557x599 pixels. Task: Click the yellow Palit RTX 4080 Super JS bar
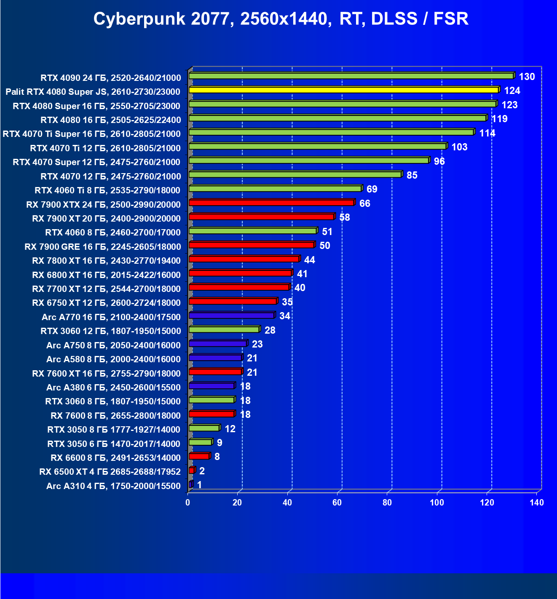point(343,90)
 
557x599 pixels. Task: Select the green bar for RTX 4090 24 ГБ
point(351,76)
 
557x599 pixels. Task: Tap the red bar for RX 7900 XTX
point(271,203)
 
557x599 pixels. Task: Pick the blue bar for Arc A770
point(231,316)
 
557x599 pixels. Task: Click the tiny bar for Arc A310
point(190,485)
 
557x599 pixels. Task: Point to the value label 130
point(527,77)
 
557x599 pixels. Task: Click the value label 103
point(459,147)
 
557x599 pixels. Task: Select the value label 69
point(372,189)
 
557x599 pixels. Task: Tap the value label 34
point(285,316)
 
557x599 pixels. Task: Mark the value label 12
point(230,429)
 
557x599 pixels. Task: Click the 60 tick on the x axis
point(337,503)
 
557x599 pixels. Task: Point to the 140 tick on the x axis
point(537,503)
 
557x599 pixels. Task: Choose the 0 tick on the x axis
point(188,503)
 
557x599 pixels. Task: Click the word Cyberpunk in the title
point(139,19)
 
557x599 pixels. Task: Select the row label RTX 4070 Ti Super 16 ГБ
point(91,134)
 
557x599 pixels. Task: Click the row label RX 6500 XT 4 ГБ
point(110,472)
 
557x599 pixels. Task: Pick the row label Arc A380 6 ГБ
point(113,388)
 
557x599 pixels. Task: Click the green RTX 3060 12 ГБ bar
point(224,329)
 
